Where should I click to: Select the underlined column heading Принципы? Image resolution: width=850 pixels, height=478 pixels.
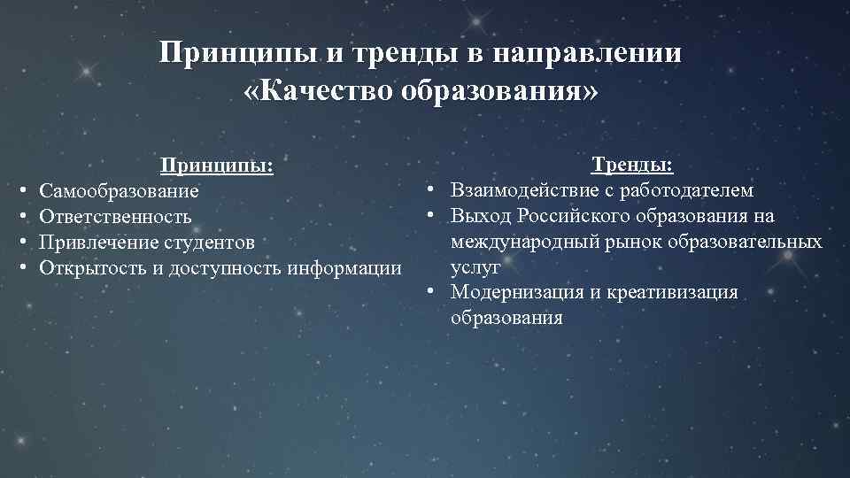215,166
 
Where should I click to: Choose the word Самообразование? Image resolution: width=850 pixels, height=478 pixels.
120,191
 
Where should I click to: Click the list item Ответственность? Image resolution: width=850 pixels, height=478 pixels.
116,217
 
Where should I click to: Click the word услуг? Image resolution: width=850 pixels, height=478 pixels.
475,266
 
